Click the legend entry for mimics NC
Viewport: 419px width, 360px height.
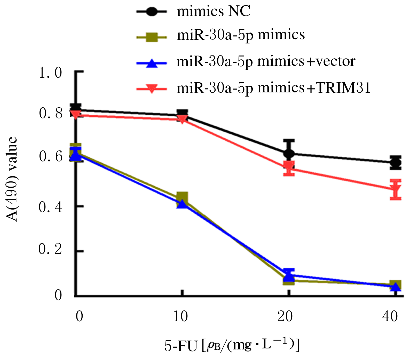point(214,12)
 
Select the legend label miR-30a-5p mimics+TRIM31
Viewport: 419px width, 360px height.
point(274,88)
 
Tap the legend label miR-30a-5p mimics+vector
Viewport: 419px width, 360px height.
point(266,62)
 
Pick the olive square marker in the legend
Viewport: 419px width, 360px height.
point(152,37)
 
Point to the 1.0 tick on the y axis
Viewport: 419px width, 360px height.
point(51,73)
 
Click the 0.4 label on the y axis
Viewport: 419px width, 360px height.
point(51,207)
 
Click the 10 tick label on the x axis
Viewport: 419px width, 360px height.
point(180,316)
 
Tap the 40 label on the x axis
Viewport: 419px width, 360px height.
point(390,316)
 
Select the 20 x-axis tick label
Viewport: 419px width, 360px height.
point(285,316)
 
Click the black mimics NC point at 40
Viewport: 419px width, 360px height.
point(396,163)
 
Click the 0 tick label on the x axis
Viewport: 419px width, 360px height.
point(79,316)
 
